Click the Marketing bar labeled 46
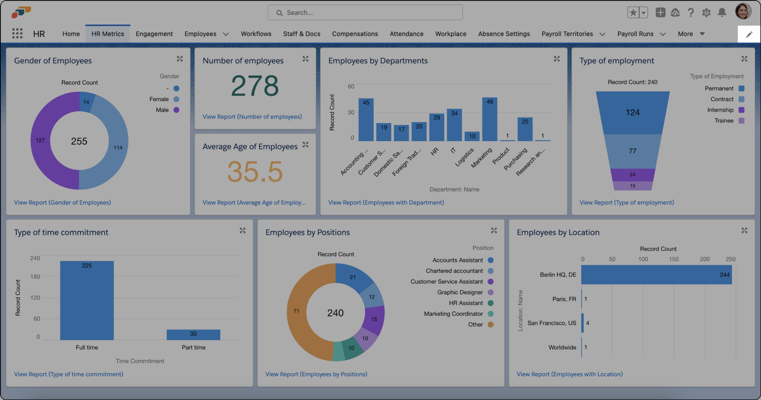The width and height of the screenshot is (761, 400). (x=489, y=120)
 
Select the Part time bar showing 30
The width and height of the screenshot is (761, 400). (x=193, y=334)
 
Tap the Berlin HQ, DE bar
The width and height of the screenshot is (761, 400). (x=656, y=275)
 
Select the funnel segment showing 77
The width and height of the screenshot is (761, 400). (x=632, y=151)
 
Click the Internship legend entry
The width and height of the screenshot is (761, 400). (x=720, y=110)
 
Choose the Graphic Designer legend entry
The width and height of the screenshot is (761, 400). (x=460, y=292)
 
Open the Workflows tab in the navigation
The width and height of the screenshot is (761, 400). (x=256, y=34)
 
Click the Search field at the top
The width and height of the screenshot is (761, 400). (x=365, y=13)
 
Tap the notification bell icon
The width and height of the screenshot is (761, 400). (x=721, y=13)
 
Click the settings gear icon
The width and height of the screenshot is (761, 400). (x=706, y=13)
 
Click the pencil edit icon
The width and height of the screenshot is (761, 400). (x=749, y=34)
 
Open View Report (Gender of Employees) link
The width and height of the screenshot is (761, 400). (x=62, y=202)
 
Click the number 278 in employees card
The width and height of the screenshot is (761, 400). (x=255, y=86)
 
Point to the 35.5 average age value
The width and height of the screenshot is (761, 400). (x=255, y=172)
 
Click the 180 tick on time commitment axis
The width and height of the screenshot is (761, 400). (x=35, y=277)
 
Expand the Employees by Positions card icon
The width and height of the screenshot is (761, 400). (x=494, y=230)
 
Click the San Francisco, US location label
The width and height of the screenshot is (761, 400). (x=551, y=323)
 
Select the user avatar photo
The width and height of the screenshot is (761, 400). (x=743, y=11)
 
